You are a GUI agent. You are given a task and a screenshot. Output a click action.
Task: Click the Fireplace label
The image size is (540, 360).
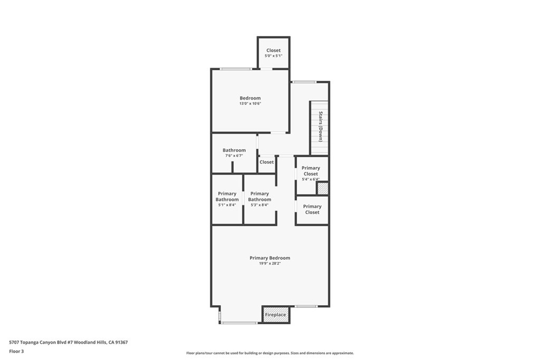point(275,315)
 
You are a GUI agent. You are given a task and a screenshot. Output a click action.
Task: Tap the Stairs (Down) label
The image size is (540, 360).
point(321,127)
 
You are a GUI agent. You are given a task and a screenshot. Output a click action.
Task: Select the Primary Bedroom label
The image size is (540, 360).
point(269,258)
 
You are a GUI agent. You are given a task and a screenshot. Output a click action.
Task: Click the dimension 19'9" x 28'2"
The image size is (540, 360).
point(270,264)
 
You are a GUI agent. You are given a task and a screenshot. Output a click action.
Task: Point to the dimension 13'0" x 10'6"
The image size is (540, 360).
point(250,104)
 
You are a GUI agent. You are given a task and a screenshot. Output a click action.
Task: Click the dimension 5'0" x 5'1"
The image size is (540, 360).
point(274,56)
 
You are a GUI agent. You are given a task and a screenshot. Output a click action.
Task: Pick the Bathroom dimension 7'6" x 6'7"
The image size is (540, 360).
point(234,156)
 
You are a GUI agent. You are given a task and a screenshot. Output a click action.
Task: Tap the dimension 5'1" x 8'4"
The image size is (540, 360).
point(227,205)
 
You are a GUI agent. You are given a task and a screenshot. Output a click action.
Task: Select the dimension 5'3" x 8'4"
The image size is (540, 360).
point(259,205)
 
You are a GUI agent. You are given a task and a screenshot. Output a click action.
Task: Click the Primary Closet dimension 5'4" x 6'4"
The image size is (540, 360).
point(311,179)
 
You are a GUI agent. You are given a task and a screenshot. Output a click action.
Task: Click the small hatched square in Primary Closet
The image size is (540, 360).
point(323,189)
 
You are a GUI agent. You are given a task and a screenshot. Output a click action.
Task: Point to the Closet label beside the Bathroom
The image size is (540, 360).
point(266,162)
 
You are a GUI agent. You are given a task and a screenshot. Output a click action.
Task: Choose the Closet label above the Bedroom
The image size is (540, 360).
point(274,50)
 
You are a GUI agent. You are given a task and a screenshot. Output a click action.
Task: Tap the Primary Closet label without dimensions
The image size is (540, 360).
point(312,209)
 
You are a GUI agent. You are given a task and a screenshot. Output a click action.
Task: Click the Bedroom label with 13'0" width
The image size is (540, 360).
point(250,98)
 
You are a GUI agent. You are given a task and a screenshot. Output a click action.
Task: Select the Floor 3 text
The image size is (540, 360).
point(16,352)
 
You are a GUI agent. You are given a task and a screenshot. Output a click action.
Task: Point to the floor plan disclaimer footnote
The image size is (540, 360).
point(270,353)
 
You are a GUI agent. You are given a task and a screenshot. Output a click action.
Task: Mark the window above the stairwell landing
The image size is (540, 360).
point(304,82)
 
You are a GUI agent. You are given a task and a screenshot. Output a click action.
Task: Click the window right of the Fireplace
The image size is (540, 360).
point(306,306)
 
